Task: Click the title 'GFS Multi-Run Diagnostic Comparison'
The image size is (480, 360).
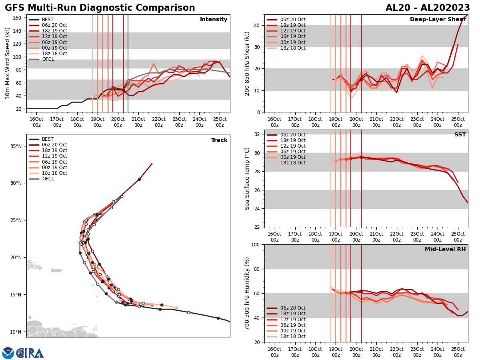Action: pos(100,8)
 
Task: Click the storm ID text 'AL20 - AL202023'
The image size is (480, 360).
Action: pos(428,8)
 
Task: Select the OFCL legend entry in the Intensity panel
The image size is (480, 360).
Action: pos(48,59)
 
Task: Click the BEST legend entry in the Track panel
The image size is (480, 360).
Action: pos(47,139)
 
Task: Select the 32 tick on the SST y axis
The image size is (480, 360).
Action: pos(258,134)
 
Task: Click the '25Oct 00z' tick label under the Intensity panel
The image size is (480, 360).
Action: pos(220,122)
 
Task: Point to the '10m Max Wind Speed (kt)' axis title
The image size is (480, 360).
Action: pos(8,63)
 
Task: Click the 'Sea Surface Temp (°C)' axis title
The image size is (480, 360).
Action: pos(247,178)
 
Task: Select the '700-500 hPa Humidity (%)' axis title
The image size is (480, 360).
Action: pos(247,293)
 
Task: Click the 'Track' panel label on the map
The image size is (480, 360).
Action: pos(219,140)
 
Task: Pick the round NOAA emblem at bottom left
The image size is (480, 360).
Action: pos(8,353)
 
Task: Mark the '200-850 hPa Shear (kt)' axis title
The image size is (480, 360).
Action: pos(247,63)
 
